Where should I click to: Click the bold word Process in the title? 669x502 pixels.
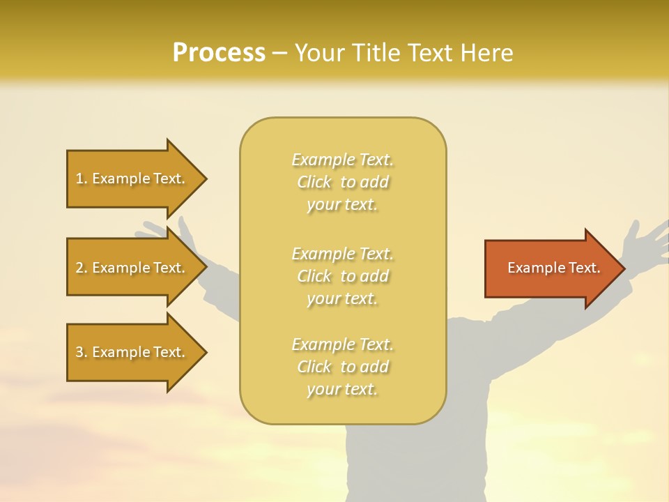(x=219, y=53)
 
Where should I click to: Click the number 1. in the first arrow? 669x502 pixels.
(x=82, y=178)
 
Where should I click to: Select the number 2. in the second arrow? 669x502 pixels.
(x=82, y=268)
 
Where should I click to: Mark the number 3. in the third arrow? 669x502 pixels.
(x=82, y=352)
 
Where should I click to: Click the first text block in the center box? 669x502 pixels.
(x=342, y=182)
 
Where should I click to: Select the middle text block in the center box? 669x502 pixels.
(x=342, y=276)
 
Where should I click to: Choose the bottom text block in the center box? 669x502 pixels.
(x=342, y=367)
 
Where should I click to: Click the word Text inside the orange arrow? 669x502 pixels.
(x=585, y=268)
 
